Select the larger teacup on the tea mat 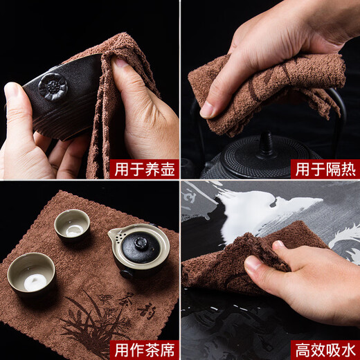click(x=31, y=271)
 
